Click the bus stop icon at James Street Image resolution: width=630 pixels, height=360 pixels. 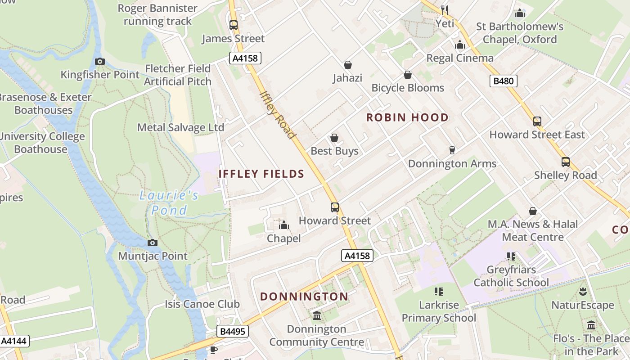click(233, 25)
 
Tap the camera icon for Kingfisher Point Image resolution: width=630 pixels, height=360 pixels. click(100, 61)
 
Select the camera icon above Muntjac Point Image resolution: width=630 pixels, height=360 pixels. click(153, 243)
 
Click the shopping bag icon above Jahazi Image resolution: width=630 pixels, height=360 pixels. click(347, 65)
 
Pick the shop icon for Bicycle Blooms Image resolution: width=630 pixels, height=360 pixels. click(408, 75)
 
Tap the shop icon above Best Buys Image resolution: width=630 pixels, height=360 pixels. click(334, 138)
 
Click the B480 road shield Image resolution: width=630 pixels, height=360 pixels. click(503, 81)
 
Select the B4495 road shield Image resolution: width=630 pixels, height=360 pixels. click(232, 332)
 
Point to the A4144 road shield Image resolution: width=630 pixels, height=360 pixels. click(14, 341)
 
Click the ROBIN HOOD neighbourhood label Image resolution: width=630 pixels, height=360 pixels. click(407, 118)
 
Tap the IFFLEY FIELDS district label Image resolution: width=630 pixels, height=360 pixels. click(261, 174)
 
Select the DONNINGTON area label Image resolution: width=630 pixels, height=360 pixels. click(304, 297)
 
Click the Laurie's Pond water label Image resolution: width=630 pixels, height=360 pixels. click(169, 202)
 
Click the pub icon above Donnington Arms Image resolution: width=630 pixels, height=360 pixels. click(452, 150)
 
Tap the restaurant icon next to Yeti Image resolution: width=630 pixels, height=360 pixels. click(445, 9)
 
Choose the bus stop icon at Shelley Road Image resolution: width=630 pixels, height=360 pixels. click(565, 162)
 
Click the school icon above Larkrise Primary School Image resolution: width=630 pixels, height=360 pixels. click(439, 292)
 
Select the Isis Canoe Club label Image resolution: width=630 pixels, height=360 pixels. click(202, 304)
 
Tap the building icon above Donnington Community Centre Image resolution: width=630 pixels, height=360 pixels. click(317, 315)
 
